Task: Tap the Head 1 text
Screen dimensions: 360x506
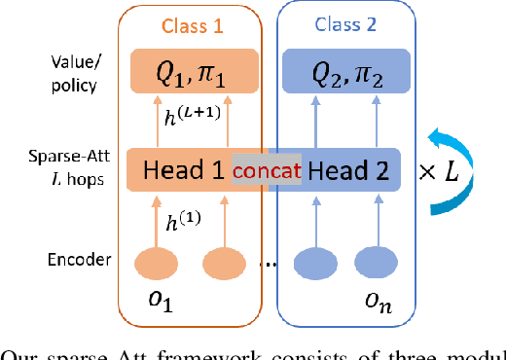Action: click(x=183, y=171)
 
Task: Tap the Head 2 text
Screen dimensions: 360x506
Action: click(x=348, y=171)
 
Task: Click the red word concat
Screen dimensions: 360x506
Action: click(x=265, y=172)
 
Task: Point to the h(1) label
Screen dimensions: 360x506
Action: click(x=182, y=223)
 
